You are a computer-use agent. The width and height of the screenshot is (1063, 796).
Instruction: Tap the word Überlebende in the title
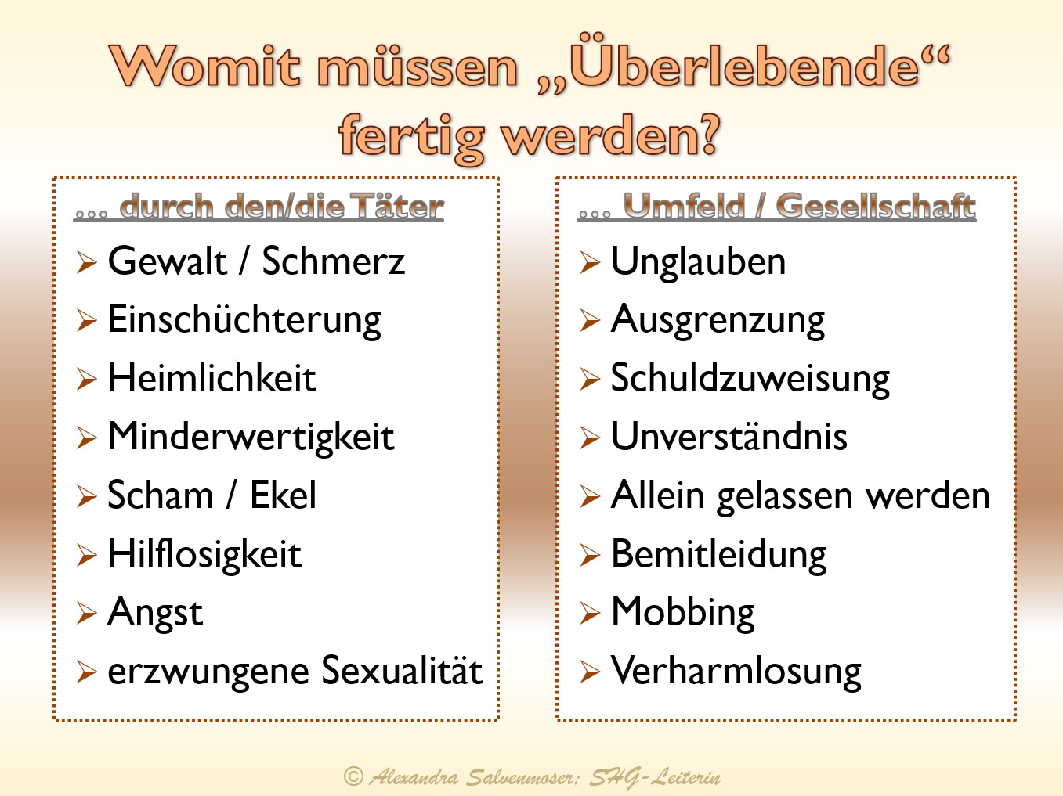click(744, 62)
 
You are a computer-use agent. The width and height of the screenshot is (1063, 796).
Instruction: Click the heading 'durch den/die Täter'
click(281, 206)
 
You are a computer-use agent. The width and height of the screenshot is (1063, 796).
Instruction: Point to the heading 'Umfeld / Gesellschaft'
click(800, 206)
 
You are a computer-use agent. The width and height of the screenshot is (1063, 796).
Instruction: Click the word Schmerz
click(333, 261)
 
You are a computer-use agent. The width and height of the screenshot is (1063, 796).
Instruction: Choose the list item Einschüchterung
click(244, 320)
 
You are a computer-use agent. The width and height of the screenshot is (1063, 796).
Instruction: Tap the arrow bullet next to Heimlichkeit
click(87, 379)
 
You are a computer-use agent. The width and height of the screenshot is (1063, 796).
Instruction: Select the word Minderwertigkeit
click(251, 438)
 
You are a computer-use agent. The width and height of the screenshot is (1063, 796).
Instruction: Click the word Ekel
click(283, 495)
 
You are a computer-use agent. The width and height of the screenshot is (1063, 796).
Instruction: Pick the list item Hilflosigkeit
click(204, 554)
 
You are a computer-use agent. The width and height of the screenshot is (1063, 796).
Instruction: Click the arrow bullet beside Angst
click(87, 613)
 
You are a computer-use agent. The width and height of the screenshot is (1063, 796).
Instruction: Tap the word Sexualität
click(402, 670)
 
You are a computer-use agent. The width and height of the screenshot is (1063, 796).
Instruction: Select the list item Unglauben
click(698, 262)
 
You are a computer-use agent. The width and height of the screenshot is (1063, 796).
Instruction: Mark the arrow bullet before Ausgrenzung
click(590, 320)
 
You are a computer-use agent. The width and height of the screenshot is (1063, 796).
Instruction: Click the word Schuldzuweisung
click(750, 379)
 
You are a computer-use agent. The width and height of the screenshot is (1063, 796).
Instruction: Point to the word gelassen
click(785, 497)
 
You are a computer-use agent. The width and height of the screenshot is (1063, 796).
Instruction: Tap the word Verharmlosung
click(736, 672)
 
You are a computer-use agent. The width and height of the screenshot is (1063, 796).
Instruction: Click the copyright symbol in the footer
click(353, 776)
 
